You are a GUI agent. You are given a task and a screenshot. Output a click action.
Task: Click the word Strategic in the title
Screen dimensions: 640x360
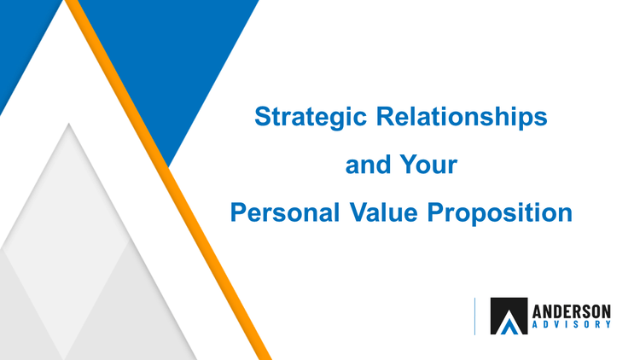[x=311, y=118]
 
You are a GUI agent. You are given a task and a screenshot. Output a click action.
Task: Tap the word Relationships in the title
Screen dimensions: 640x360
[x=462, y=116]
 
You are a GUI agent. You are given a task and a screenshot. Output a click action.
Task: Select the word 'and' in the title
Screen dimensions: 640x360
[x=368, y=165]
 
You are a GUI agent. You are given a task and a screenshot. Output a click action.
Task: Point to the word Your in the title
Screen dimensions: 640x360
[x=428, y=165]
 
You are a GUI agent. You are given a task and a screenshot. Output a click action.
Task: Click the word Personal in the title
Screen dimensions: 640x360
[x=284, y=212]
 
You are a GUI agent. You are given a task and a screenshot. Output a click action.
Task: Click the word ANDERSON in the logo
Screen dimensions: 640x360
[x=572, y=312]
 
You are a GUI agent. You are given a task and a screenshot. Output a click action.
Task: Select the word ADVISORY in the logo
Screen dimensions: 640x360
[x=572, y=324]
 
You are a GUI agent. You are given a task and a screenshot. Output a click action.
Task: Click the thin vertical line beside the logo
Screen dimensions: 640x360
[x=474, y=316]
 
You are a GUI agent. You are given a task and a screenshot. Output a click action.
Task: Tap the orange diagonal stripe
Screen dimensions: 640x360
[x=169, y=180]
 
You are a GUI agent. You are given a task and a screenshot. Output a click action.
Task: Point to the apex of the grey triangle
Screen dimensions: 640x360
[x=68, y=123]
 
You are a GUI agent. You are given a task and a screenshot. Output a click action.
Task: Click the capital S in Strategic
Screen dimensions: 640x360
[x=264, y=116]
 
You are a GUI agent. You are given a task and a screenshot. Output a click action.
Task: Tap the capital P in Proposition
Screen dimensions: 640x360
[x=436, y=212]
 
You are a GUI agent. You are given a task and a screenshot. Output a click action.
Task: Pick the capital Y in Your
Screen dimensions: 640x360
[x=409, y=164]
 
